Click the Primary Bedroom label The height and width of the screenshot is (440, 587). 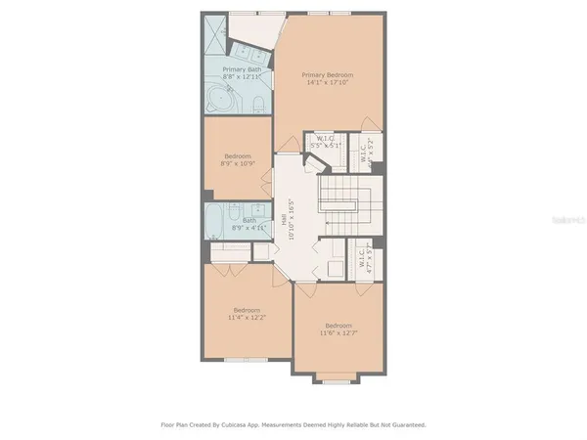coord(327,74)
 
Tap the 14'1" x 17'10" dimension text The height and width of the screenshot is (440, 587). coord(327,83)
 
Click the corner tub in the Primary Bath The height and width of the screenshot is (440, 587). coord(222,100)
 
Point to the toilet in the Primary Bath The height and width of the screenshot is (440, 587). coord(255,106)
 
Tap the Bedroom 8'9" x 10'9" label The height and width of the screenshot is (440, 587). coord(238,156)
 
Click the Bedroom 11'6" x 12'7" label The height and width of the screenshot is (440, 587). coord(339,326)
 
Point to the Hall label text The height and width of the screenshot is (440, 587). coord(285,222)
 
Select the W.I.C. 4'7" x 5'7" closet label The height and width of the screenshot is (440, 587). coord(362,257)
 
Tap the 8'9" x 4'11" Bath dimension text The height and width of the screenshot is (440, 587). coord(249,228)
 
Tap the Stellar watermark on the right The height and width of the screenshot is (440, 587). coord(566,223)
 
